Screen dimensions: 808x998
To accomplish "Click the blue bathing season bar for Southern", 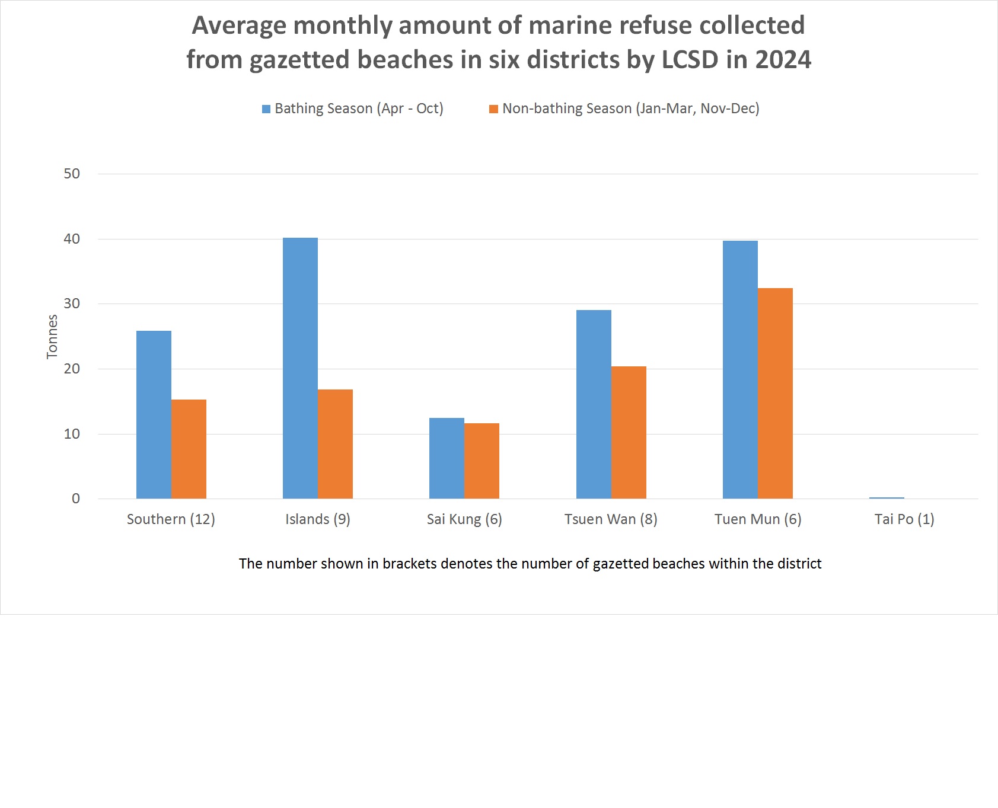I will tap(154, 414).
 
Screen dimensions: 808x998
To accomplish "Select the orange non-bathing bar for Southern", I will tap(189, 449).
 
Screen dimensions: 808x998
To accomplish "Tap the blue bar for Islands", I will tap(300, 368).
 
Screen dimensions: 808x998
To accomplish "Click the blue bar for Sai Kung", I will tap(447, 458).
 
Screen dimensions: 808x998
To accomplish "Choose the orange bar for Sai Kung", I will tap(482, 461).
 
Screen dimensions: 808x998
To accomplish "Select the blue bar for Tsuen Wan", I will tap(594, 404).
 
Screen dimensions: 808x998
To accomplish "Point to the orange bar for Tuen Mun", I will tap(775, 393).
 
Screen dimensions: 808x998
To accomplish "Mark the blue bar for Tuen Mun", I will tap(740, 369).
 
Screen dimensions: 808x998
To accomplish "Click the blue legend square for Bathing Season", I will tap(266, 109).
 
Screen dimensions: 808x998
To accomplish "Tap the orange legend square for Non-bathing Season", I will tap(493, 109).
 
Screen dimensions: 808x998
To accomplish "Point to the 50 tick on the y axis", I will tap(72, 174).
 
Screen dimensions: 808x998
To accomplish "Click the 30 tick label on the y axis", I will tap(72, 304).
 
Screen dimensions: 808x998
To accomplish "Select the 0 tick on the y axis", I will tap(76, 499).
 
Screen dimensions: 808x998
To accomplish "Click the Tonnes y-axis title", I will tap(52, 336).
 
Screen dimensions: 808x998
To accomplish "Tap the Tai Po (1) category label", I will tap(904, 519).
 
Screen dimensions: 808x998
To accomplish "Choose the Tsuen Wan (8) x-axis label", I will tap(611, 519).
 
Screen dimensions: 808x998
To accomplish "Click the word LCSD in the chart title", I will tap(690, 60).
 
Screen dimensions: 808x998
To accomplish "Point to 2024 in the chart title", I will tap(783, 60).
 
